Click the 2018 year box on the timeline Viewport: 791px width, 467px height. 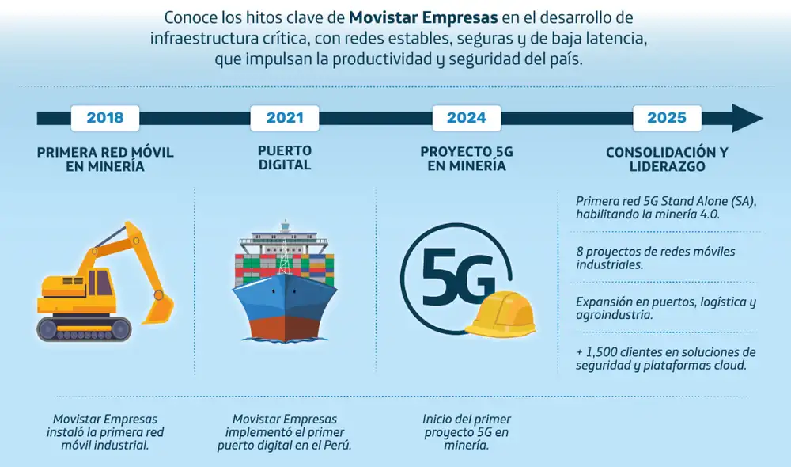105,118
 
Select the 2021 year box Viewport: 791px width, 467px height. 285,118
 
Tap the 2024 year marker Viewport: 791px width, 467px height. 467,118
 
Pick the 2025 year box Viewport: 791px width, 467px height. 667,118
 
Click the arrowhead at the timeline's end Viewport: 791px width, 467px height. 747,118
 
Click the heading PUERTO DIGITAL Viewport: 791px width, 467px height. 285,158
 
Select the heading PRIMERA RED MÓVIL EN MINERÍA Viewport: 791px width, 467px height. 105,159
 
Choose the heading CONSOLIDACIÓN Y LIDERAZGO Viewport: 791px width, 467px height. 667,159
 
